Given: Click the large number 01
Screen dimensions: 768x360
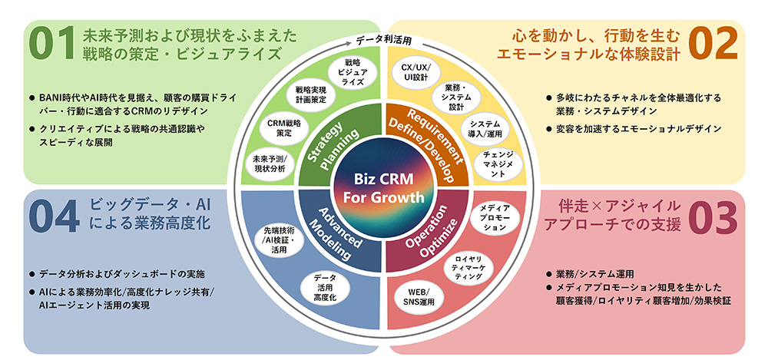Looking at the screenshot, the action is [51, 44].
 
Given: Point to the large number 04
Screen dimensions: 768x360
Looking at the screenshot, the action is [55, 216].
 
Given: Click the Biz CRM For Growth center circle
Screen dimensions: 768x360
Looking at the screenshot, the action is [383, 189].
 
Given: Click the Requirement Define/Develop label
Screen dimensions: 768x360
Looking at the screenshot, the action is [426, 144].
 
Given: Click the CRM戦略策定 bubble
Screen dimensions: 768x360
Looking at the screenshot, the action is [283, 128].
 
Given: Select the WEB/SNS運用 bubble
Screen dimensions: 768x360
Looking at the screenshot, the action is [415, 297].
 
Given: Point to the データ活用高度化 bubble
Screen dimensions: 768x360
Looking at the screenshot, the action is [325, 288].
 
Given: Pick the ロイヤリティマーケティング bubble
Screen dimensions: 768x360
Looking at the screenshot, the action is [468, 268].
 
